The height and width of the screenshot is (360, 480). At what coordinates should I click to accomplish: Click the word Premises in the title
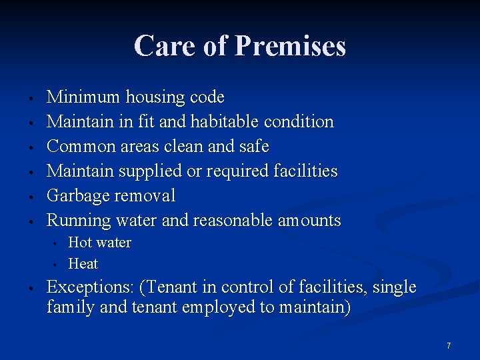tap(290, 47)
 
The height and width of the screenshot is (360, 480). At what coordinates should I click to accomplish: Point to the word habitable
tap(225, 122)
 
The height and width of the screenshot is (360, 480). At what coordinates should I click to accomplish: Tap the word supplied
tap(151, 171)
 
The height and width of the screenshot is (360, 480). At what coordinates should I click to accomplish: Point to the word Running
tap(79, 221)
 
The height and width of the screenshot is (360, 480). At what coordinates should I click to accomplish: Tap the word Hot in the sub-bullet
tap(79, 243)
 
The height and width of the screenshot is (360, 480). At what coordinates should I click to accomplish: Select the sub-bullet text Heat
tap(83, 264)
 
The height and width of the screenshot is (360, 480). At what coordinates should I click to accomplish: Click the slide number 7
tap(449, 346)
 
